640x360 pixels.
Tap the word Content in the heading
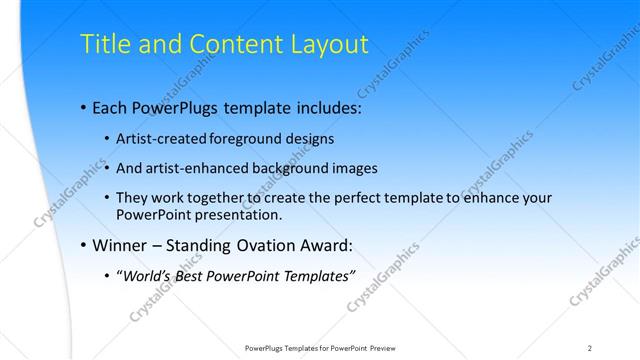231,45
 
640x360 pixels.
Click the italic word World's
146,276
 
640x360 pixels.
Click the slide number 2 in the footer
590,348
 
